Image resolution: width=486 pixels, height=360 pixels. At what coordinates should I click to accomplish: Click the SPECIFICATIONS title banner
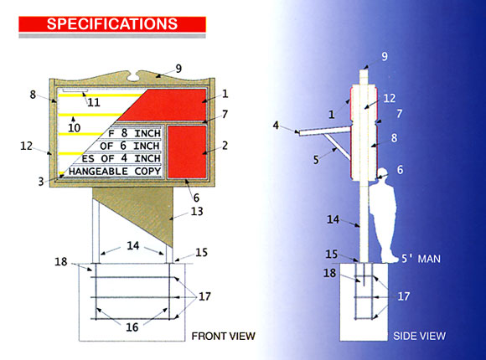point(111,23)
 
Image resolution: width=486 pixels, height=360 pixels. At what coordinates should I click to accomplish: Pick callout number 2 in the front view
point(225,146)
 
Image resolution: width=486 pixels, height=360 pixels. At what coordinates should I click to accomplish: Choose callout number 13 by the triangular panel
point(198,212)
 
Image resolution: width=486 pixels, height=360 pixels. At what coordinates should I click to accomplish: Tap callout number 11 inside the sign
point(91,102)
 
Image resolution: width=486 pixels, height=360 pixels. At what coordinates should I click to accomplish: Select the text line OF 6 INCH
point(131,145)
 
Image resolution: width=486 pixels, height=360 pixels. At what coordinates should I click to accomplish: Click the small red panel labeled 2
point(188,152)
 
